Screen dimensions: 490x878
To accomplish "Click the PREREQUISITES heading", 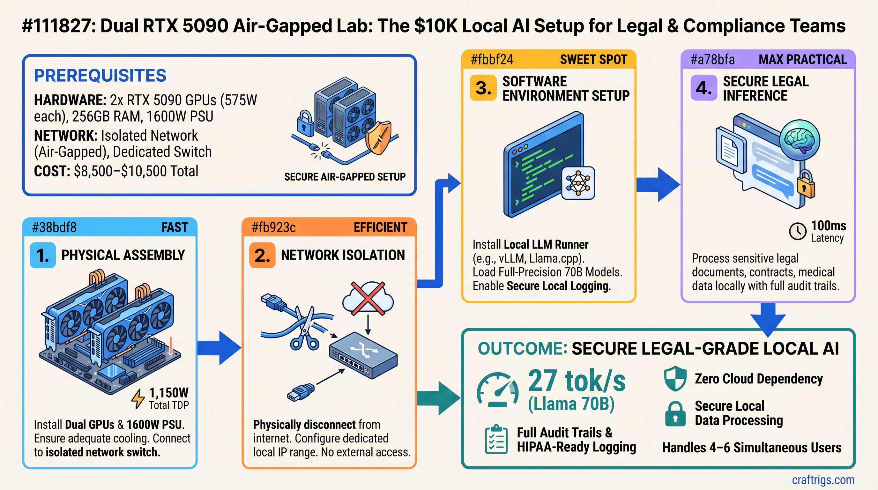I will click(x=100, y=75).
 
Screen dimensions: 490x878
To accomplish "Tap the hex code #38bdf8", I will click(x=54, y=227).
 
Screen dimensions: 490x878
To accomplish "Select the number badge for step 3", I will click(x=483, y=88).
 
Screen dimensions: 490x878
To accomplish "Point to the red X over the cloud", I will click(x=368, y=298).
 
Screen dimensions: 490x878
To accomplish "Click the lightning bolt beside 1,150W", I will click(x=138, y=399).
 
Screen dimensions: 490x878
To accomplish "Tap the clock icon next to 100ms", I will click(x=798, y=231).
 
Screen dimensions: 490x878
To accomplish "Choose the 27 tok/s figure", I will click(x=577, y=381).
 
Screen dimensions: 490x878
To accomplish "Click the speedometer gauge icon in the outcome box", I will click(x=498, y=390).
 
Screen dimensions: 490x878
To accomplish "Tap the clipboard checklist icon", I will click(x=496, y=440).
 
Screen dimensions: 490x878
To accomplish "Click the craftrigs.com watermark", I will click(x=823, y=480).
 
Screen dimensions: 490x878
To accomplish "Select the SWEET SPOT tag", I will click(x=593, y=60).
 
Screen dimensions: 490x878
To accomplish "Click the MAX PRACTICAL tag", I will click(x=802, y=60).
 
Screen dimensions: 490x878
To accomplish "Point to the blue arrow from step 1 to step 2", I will click(x=219, y=348).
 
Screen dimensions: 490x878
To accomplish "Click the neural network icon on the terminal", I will click(x=578, y=183).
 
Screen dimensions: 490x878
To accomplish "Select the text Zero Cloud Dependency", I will click(x=759, y=379).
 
